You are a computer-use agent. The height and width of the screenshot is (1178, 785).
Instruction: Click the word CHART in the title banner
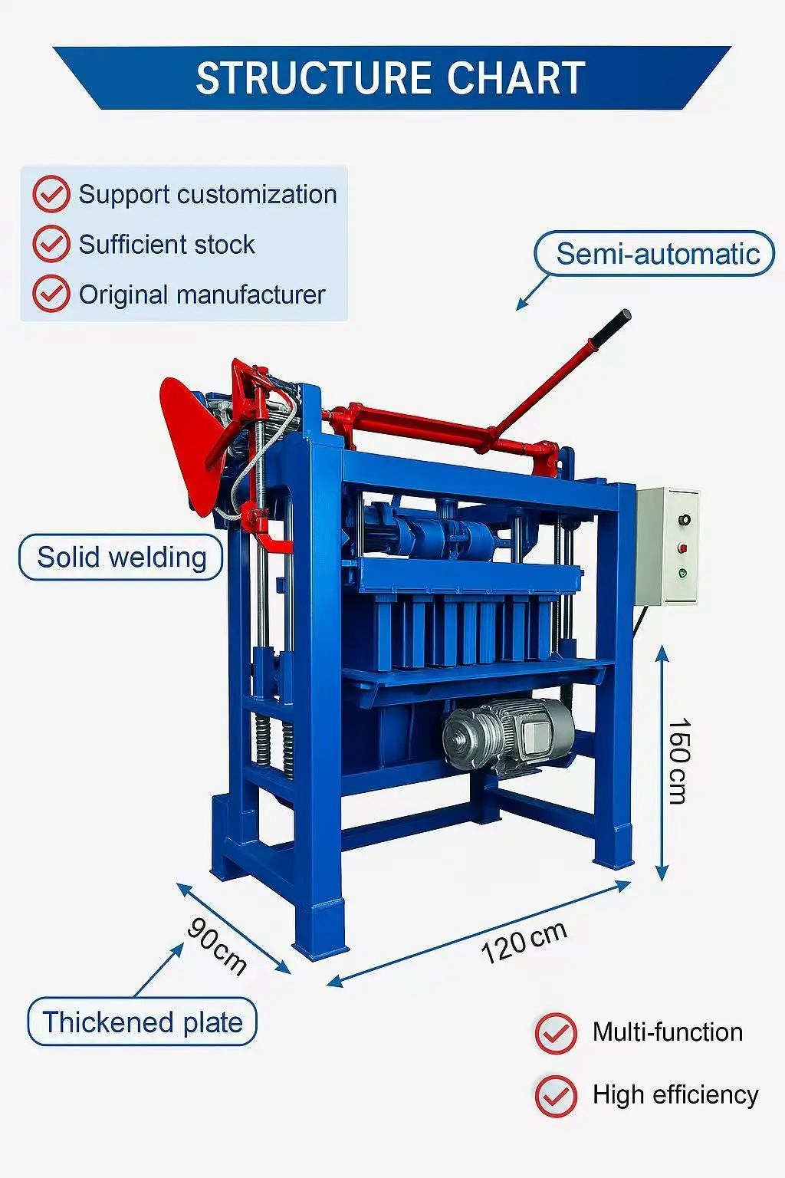point(516,78)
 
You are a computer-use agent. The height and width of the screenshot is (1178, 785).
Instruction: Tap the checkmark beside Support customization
point(51,194)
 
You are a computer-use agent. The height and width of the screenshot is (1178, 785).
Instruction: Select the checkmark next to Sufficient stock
point(51,244)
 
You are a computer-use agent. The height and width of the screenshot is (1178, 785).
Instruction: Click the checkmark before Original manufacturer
point(51,294)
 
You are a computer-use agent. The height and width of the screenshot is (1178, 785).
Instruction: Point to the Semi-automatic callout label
point(655,254)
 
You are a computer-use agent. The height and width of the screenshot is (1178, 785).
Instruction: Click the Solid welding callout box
point(121,557)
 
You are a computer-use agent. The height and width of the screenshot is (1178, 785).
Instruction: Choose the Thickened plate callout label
point(142,1022)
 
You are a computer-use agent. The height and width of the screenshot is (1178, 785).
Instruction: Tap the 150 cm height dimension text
point(678,761)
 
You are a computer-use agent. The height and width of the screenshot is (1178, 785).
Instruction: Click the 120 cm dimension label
point(524,942)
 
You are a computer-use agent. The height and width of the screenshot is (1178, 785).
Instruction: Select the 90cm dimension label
point(217,946)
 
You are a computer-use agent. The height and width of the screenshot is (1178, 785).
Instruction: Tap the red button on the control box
point(682,548)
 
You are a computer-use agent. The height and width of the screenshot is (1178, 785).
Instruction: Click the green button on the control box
point(682,573)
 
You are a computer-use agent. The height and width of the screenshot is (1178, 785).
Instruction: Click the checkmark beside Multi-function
point(556,1032)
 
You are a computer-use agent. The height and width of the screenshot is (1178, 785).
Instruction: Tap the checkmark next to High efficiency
point(556,1095)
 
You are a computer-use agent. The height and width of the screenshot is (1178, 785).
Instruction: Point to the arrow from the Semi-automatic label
point(533,292)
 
